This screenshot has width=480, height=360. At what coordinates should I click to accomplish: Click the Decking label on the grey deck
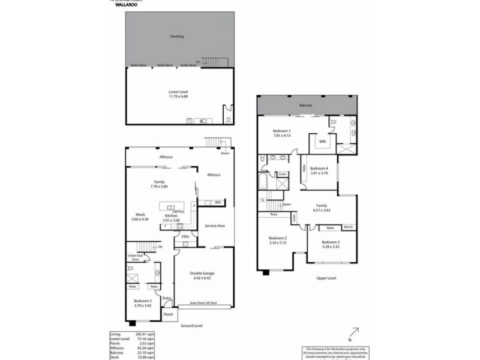coord(176,37)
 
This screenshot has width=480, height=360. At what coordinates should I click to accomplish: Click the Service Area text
coord(215,226)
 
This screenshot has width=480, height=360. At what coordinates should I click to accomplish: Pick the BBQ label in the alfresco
coord(218,202)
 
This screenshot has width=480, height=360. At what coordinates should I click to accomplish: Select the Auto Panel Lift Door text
coord(202,304)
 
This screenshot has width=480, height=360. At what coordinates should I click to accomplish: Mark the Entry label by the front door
coord(166,298)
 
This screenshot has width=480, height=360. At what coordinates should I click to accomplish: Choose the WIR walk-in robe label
coord(322,142)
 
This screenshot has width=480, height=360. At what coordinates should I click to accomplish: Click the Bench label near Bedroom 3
coord(348,227)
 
